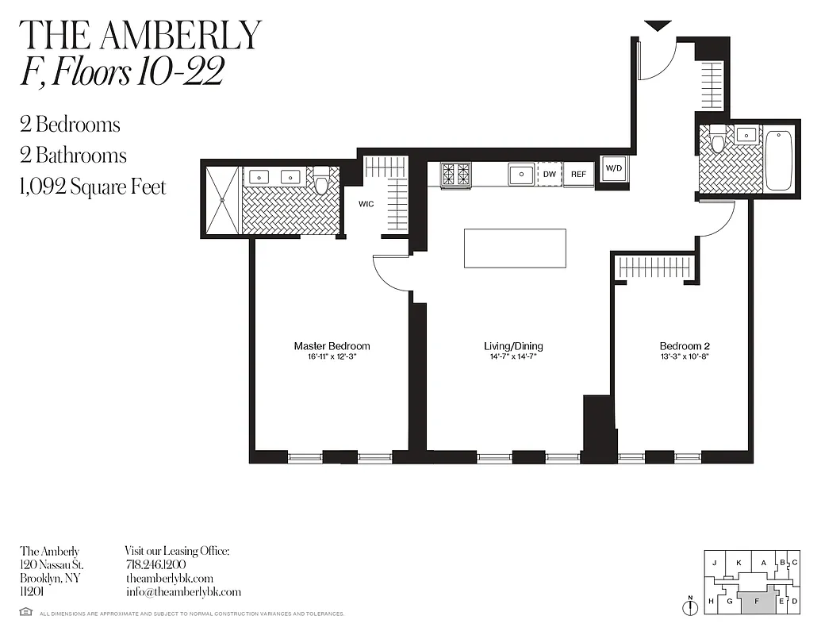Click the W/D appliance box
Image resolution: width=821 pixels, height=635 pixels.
(x=614, y=168)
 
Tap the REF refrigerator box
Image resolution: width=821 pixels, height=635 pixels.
(x=578, y=175)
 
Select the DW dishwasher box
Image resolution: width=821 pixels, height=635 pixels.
(x=549, y=175)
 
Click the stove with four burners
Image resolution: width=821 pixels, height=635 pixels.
(x=456, y=174)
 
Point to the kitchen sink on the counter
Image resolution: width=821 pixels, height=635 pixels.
(x=520, y=174)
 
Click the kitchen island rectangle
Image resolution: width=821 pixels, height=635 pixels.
(x=515, y=249)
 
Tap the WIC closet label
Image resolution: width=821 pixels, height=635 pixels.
(x=366, y=204)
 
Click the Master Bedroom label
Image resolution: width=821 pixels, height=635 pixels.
(x=332, y=346)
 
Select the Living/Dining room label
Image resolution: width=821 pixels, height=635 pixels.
(x=513, y=346)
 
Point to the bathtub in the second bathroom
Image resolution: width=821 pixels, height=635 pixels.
(x=778, y=160)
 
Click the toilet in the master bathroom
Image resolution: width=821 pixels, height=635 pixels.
(x=321, y=182)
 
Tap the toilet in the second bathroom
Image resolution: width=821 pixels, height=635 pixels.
(x=718, y=140)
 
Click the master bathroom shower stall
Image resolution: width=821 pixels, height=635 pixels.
(x=222, y=200)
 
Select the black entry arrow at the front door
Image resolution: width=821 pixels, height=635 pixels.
(x=658, y=26)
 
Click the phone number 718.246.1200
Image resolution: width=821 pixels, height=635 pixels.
(x=155, y=564)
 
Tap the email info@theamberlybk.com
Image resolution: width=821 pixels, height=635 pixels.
(x=183, y=592)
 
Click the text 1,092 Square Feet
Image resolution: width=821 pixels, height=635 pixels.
(x=93, y=187)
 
